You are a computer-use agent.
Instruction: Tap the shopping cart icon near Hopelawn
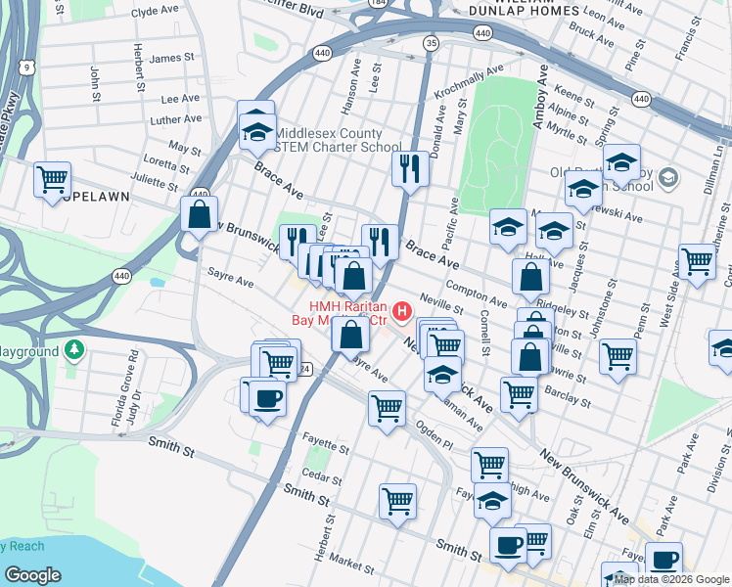click(x=52, y=181)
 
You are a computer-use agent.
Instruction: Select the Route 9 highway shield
click(x=27, y=68)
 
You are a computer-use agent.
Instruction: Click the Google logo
click(x=33, y=575)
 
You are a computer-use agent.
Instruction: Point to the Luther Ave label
click(x=177, y=119)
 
